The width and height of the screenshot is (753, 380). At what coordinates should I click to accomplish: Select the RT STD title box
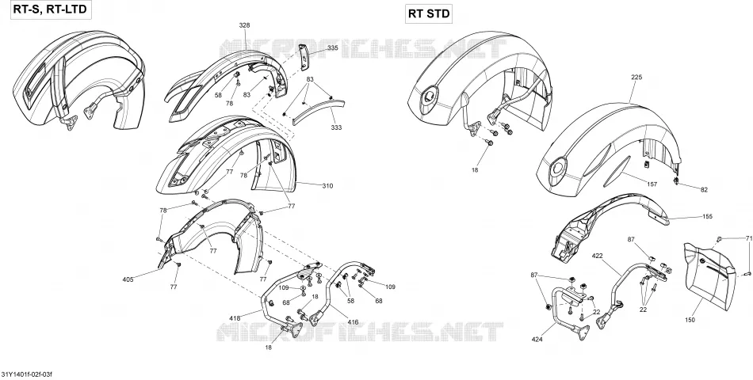coord(429,13)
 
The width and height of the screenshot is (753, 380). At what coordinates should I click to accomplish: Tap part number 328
coord(244,25)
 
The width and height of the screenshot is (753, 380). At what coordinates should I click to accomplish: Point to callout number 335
coord(332,48)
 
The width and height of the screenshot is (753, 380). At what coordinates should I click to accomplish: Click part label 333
coord(336,127)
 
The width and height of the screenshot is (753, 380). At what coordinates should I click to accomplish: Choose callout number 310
coord(327,186)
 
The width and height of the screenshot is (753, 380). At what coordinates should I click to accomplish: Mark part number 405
coord(128,279)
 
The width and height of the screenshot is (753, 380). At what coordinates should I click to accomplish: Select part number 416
coord(353,322)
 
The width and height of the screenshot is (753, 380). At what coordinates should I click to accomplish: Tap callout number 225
coord(636,78)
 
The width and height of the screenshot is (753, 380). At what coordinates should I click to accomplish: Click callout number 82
coord(704,190)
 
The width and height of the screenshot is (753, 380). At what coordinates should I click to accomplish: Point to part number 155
coord(707,216)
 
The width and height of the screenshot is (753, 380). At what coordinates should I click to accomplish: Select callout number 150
coord(690,320)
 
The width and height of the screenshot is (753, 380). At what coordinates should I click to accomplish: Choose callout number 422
coord(597,256)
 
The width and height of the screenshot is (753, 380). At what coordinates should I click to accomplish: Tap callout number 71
coord(749,238)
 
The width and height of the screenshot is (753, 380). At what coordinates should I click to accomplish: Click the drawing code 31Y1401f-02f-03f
coord(26,374)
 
